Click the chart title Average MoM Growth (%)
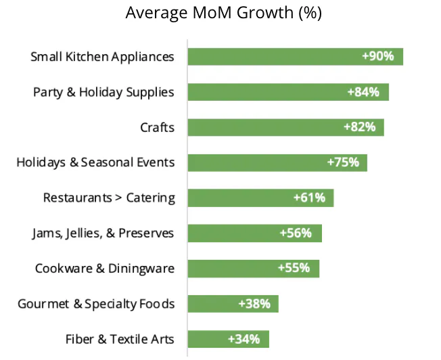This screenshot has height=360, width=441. (224, 13)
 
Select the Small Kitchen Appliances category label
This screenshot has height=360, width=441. (102, 57)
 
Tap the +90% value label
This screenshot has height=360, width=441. (378, 56)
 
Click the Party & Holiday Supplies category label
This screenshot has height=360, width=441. (103, 92)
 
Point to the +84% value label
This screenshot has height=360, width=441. (363, 92)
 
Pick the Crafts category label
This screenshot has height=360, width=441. (157, 127)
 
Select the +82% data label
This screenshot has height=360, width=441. (359, 127)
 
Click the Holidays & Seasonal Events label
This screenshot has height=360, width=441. (95, 162)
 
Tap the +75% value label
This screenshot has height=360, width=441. (343, 162)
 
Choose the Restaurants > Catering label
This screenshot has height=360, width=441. (109, 198)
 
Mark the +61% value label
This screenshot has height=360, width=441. (309, 198)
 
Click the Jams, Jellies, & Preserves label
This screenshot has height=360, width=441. (103, 233)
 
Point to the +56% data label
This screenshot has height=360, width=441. (296, 233)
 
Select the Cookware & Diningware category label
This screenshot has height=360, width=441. (105, 269)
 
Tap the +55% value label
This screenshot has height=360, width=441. (294, 268)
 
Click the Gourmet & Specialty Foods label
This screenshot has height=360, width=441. (96, 304)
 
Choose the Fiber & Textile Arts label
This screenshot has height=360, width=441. (120, 339)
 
